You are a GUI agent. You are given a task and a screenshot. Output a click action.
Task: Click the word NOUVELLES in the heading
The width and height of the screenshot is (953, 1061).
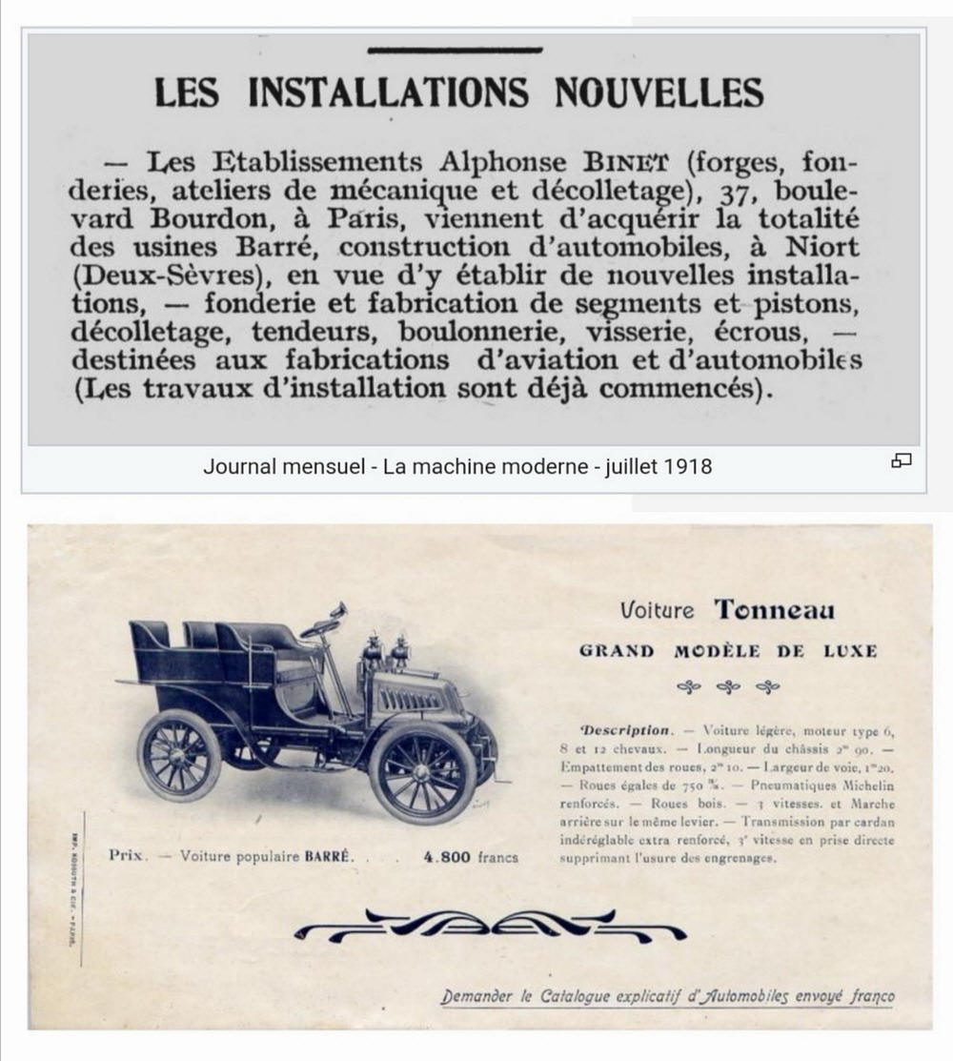tap(659, 92)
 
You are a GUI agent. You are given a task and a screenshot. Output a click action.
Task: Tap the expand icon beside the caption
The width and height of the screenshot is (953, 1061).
tap(901, 461)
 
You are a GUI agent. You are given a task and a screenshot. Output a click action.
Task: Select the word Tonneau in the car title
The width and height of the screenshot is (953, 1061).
tap(775, 609)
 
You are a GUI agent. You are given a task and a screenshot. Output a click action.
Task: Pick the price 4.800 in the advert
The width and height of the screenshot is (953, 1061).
tap(445, 856)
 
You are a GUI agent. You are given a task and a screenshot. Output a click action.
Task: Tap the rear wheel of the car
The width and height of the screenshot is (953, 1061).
tap(179, 754)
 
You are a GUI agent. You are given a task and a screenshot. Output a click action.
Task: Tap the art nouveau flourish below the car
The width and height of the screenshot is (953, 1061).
tap(488, 926)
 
